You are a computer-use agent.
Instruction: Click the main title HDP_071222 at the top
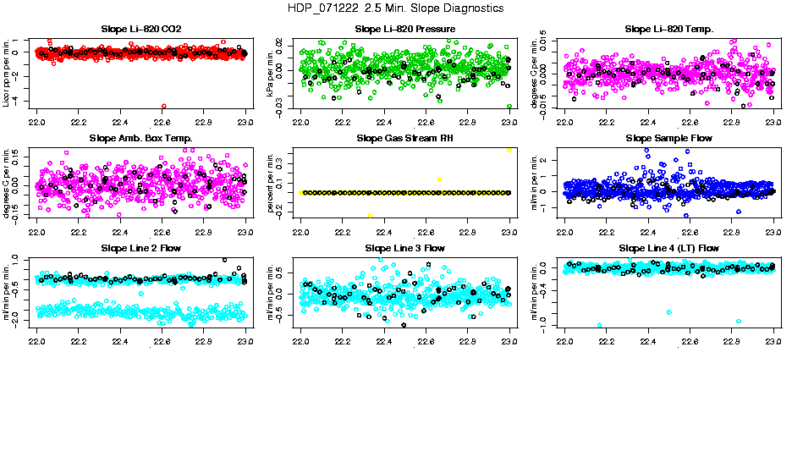395,8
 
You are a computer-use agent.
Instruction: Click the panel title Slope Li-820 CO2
140,29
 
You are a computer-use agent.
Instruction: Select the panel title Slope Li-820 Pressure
405,29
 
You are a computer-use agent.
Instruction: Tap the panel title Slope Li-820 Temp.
668,29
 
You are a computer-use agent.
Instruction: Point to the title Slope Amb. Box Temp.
140,138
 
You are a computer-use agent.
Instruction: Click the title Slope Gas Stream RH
405,138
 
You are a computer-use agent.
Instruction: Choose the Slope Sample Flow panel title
668,138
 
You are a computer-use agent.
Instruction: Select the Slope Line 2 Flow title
140,248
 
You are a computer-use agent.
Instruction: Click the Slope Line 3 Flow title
405,248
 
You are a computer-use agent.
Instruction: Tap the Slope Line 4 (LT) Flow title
668,248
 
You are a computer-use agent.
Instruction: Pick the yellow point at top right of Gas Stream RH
509,149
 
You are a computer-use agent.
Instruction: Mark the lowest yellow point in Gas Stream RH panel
370,215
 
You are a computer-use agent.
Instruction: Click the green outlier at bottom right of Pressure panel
509,107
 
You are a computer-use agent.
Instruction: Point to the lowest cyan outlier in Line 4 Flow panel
600,325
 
